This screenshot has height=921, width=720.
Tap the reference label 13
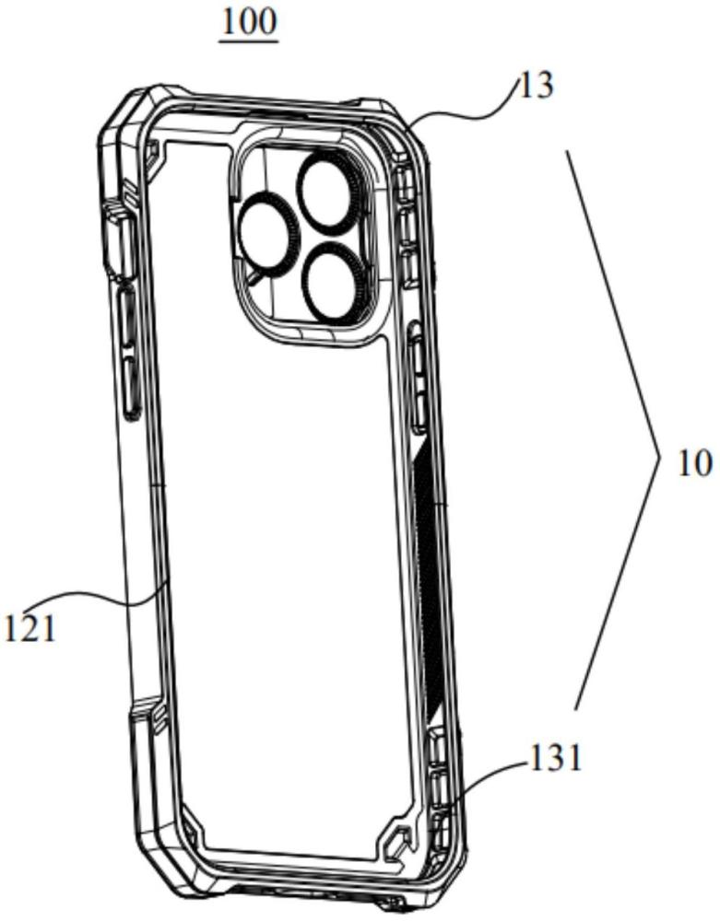pos(536,86)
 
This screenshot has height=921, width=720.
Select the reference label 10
pos(695,464)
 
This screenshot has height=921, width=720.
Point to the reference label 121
pos(30,628)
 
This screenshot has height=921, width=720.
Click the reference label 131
pos(555,758)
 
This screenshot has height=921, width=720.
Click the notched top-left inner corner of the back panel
pos(154,156)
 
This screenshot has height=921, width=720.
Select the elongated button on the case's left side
pos(129,353)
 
